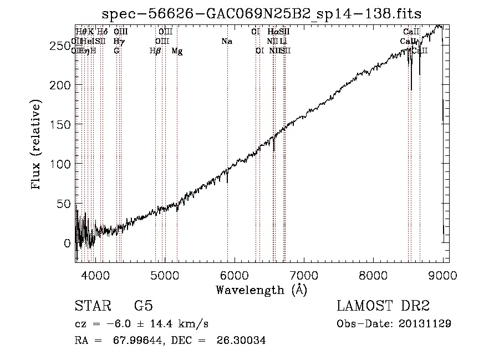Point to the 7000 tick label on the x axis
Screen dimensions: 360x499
(x=304, y=275)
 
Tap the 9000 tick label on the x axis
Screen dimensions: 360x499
(x=442, y=275)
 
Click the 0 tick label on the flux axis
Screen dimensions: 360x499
(x=68, y=243)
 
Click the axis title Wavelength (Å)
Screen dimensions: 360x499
(x=261, y=290)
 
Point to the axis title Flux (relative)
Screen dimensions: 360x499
(x=37, y=145)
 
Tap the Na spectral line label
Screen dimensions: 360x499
(x=226, y=41)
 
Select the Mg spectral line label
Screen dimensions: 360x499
(x=177, y=50)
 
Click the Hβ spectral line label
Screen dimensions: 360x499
(x=155, y=50)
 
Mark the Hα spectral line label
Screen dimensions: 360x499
(x=272, y=32)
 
